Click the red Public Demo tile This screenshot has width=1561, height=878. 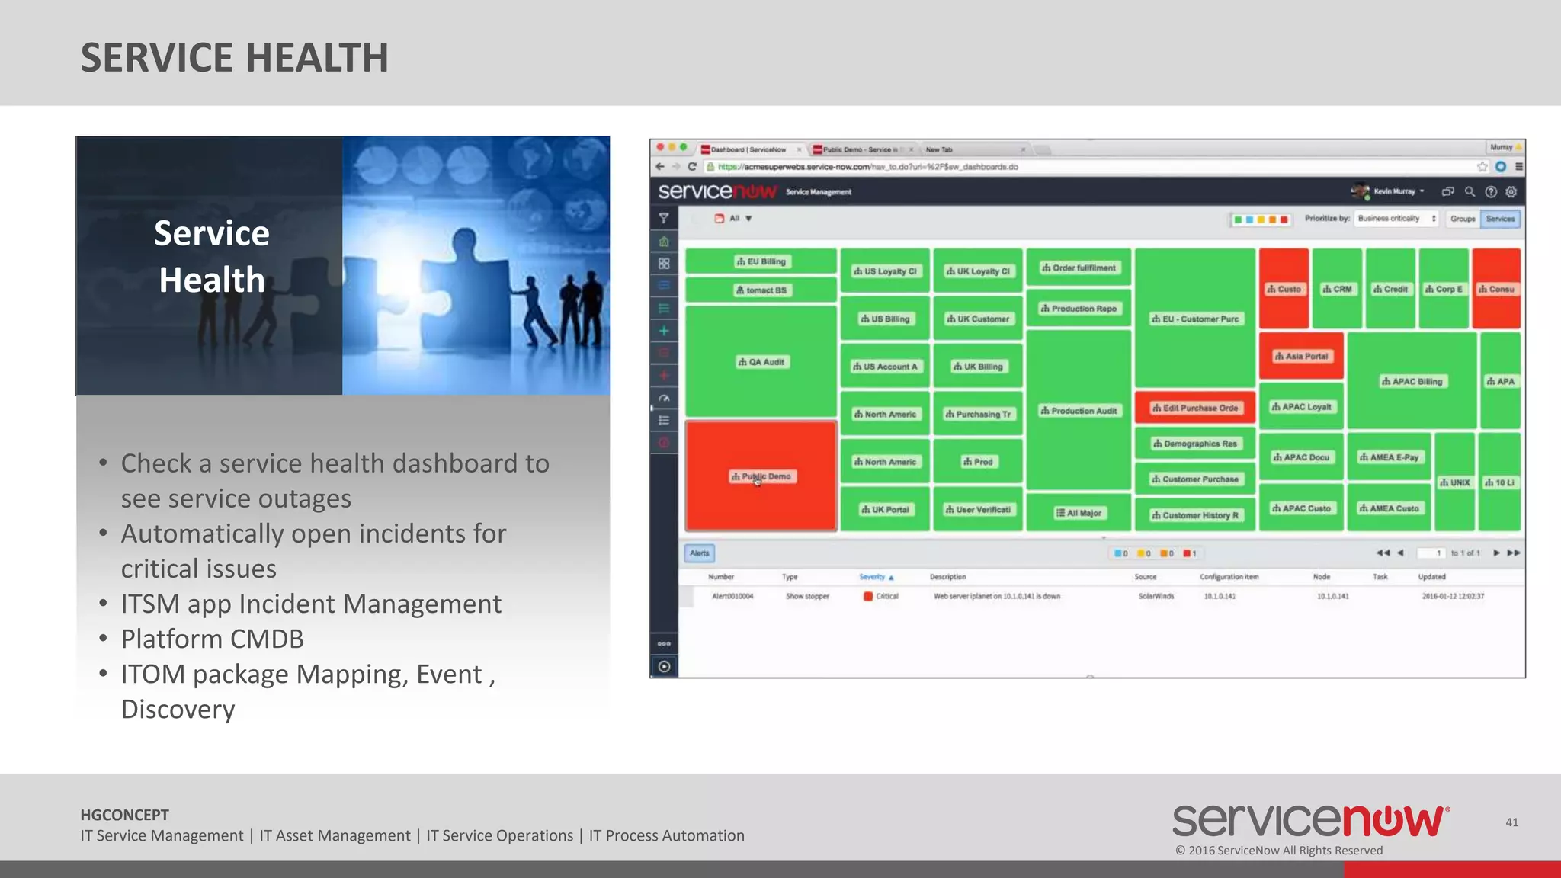click(x=761, y=476)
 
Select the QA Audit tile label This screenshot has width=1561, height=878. click(x=761, y=362)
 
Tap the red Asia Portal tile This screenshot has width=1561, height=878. click(x=1301, y=356)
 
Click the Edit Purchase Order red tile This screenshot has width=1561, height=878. click(x=1194, y=408)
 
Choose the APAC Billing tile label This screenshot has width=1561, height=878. click(x=1412, y=381)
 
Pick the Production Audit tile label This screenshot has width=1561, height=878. click(x=1079, y=411)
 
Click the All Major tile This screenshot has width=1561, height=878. click(x=1079, y=513)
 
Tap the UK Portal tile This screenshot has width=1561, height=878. click(x=885, y=509)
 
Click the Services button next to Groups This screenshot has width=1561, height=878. click(x=1500, y=219)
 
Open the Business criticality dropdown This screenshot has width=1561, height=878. click(x=1396, y=219)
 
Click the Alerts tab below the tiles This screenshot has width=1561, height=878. click(x=700, y=553)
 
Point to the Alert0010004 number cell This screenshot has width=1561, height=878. click(x=732, y=596)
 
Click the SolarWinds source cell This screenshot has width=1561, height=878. click(x=1156, y=596)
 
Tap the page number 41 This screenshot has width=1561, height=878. click(x=1511, y=822)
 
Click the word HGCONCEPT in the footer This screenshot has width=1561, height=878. click(x=125, y=815)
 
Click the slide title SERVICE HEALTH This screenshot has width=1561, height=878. click(x=235, y=58)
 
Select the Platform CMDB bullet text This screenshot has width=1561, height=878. click(x=212, y=639)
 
